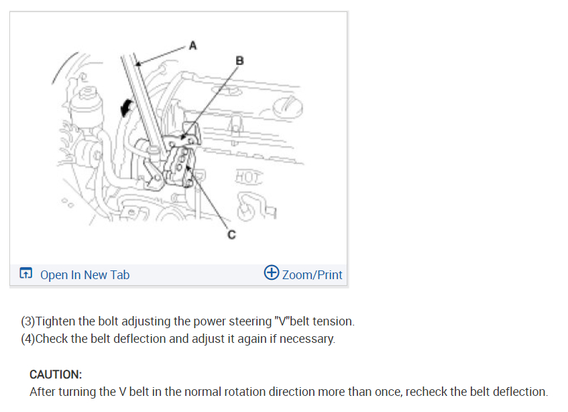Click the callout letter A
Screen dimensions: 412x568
pos(193,46)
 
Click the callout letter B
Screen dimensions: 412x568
pos(240,61)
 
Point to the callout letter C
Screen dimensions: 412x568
pos(231,236)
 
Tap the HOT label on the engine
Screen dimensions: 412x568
pos(249,178)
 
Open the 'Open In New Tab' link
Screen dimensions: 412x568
pos(84,274)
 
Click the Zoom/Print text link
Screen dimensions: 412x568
pos(312,274)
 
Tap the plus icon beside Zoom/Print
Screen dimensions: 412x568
pos(272,273)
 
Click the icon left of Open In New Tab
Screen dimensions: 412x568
pos(26,274)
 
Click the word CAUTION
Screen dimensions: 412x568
pos(56,374)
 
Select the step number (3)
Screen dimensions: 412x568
pos(28,321)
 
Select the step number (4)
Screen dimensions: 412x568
pos(28,339)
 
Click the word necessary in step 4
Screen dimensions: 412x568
pos(308,339)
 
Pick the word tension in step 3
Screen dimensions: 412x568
pos(335,321)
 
